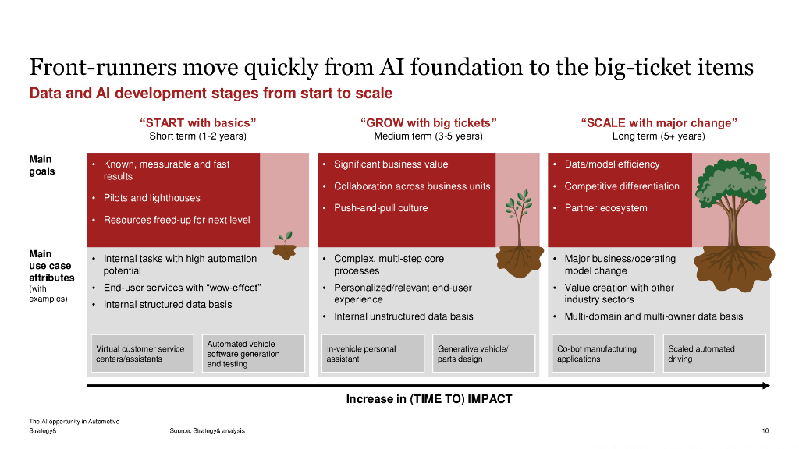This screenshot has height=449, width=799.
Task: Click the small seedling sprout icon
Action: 286,237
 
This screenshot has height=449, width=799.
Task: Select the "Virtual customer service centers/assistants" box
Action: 140,354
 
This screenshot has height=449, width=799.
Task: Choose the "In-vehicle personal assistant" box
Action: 371,354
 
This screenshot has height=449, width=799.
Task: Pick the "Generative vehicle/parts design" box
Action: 483,354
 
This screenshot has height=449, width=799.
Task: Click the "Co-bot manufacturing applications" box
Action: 602,354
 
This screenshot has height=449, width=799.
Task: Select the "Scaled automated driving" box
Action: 713,354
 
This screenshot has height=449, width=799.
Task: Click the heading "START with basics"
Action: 197,123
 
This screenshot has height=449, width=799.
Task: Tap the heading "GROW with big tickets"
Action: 428,123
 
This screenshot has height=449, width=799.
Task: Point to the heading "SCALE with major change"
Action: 659,123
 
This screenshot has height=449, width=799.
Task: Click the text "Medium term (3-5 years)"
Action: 428,136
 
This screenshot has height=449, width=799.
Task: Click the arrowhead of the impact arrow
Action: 766,385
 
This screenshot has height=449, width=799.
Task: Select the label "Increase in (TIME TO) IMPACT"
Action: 428,399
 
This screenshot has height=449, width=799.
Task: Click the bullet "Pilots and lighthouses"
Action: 151,198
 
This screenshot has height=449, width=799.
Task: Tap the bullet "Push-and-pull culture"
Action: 381,208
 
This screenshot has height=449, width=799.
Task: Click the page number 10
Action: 765,430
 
